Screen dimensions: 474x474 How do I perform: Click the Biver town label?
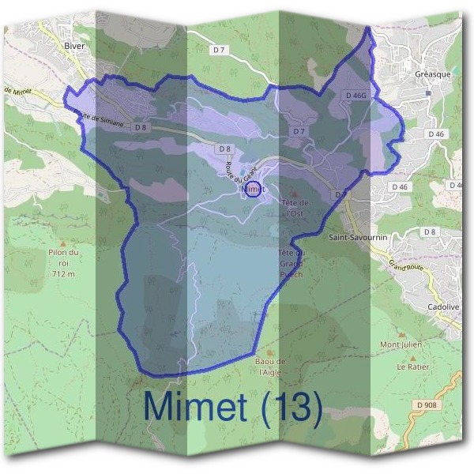click(x=75, y=47)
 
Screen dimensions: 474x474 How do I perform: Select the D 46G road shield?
click(x=356, y=96)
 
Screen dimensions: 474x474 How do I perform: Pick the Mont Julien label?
click(x=401, y=344)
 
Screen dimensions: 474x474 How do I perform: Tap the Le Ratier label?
click(x=412, y=367)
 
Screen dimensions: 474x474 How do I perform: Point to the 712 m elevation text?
click(x=63, y=274)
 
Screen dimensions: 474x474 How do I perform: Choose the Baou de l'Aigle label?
click(x=270, y=367)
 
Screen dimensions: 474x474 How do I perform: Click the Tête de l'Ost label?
click(x=294, y=208)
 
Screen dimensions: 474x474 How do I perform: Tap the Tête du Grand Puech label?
click(x=292, y=263)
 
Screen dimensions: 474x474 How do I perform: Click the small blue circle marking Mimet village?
click(x=252, y=190)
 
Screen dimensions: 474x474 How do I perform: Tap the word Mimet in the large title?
click(x=200, y=408)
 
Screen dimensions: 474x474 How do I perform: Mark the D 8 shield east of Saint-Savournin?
click(x=429, y=231)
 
